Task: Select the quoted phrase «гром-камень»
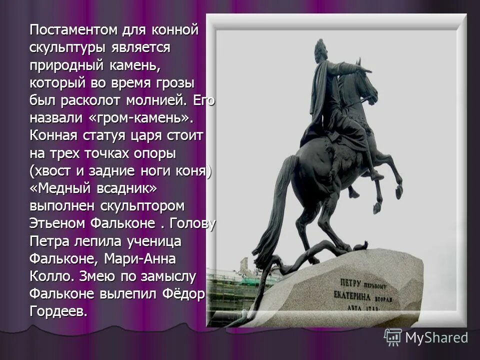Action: tap(140, 118)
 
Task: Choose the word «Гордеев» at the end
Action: tap(58, 311)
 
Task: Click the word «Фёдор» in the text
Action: tap(183, 293)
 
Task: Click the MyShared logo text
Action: tap(436, 338)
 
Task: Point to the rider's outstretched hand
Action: tap(367, 70)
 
